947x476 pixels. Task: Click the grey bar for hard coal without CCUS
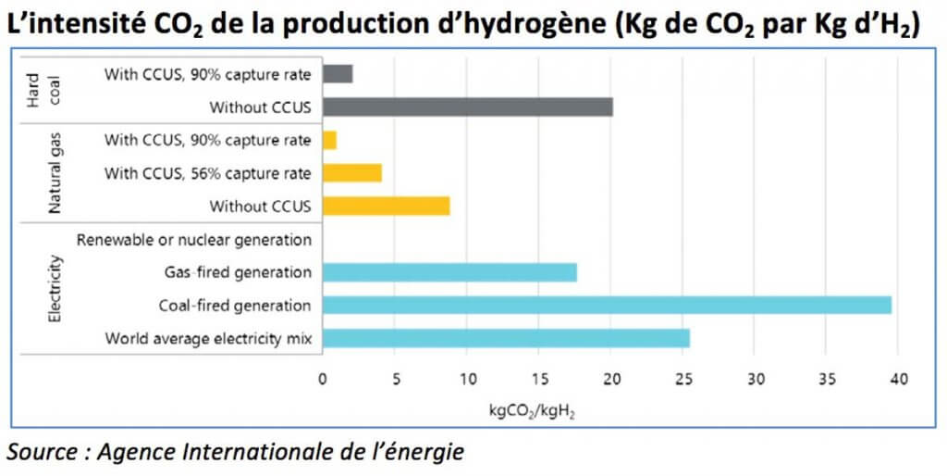tap(467, 107)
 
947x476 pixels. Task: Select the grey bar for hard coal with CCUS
tap(338, 74)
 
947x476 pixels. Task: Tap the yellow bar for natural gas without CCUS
tap(386, 206)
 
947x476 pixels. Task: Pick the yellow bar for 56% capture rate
tap(351, 173)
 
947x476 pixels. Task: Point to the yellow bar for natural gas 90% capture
tap(329, 141)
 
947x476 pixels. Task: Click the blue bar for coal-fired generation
tap(607, 305)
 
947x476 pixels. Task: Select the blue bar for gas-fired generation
tap(449, 272)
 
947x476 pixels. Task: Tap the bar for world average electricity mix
tap(506, 338)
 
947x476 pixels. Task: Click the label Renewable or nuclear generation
tap(194, 240)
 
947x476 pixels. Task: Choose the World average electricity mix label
tap(208, 338)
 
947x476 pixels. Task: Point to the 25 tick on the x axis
tap(683, 379)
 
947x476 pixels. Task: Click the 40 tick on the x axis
tap(901, 379)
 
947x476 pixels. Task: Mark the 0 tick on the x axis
tap(322, 379)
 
